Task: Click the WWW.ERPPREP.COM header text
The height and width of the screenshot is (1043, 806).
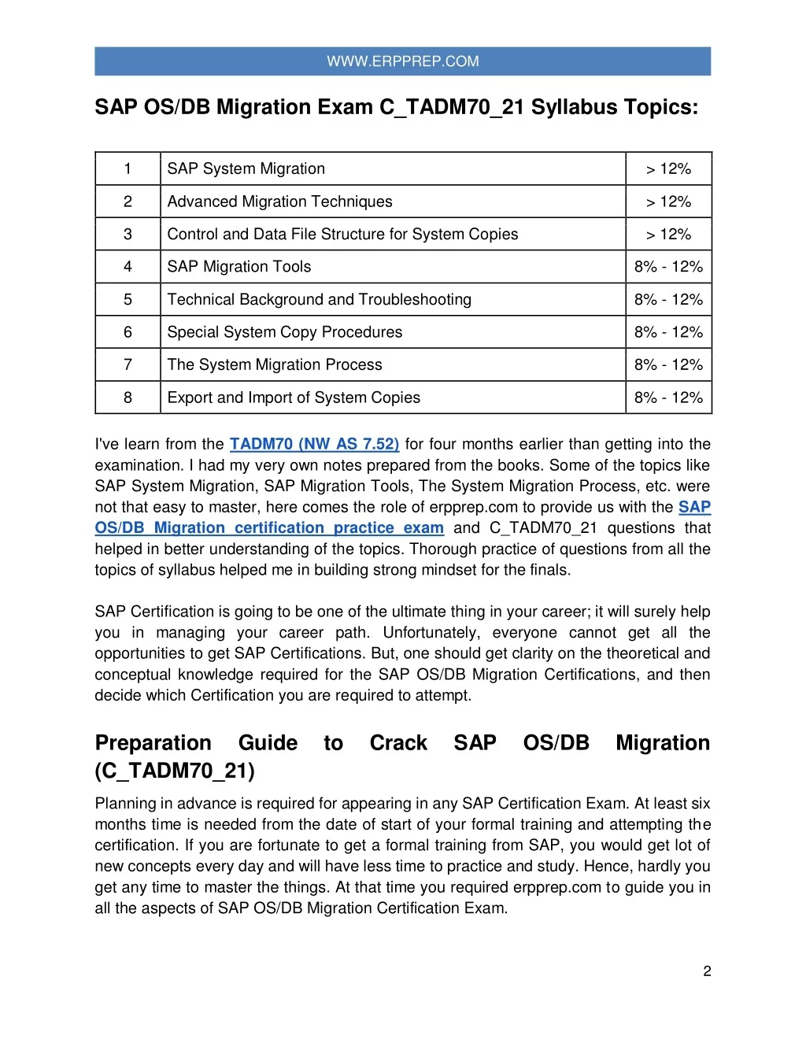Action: pyautogui.click(x=402, y=61)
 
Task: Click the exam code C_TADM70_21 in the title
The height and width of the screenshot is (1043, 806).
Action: pyautogui.click(x=452, y=107)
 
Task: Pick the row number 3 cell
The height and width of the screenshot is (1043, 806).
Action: pyautogui.click(x=128, y=234)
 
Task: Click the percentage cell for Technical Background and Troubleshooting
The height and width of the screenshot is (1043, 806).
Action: pyautogui.click(x=668, y=300)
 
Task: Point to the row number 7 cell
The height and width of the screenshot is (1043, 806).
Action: pyautogui.click(x=128, y=365)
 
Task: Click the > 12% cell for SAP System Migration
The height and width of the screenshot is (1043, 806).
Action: pyautogui.click(x=668, y=169)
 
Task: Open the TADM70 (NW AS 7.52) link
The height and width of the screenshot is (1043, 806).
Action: pyautogui.click(x=314, y=444)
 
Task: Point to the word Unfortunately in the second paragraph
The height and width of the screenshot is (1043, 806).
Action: pyautogui.click(x=431, y=633)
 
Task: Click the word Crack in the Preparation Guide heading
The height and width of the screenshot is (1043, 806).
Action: pyautogui.click(x=398, y=743)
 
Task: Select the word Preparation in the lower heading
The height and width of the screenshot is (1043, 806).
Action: pyautogui.click(x=153, y=743)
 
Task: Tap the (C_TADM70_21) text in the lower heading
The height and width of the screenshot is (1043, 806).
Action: pyautogui.click(x=175, y=771)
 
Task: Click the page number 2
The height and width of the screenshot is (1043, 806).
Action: pyautogui.click(x=707, y=971)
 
